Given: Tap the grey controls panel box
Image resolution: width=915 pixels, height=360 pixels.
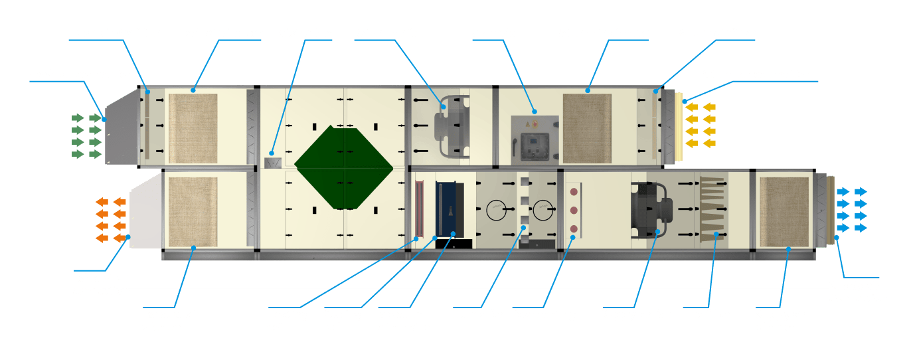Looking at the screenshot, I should coord(535,139).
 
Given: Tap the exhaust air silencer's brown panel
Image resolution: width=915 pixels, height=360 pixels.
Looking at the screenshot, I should coord(193,210).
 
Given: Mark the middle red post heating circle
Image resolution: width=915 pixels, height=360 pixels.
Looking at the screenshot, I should coord(573,211).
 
